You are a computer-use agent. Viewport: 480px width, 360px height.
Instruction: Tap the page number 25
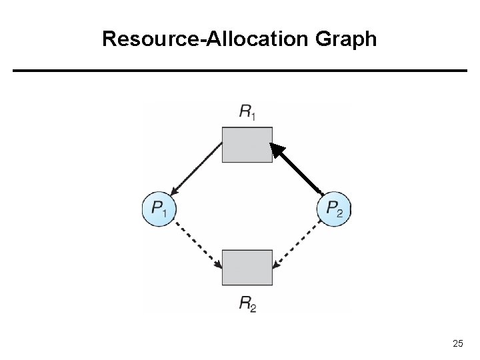coord(457,343)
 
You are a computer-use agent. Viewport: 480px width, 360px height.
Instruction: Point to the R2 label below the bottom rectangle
coord(247,305)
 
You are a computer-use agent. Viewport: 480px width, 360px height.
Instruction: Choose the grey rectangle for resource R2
coord(247,267)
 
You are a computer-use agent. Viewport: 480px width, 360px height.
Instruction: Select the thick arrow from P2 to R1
coord(300,171)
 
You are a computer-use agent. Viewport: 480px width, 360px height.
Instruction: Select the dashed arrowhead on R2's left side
coord(217,265)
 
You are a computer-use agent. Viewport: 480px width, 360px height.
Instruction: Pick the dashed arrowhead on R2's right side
coord(276,265)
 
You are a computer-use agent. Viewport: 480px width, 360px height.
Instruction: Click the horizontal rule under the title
coord(240,70)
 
